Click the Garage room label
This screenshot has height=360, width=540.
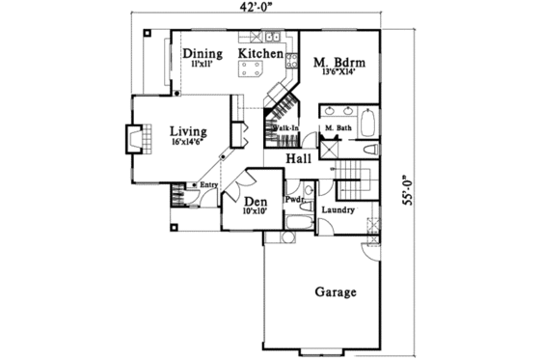[x=336, y=291]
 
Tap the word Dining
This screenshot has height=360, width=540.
[x=202, y=53]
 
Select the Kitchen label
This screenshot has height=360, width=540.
[x=260, y=53]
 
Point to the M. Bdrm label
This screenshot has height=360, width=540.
[x=338, y=64]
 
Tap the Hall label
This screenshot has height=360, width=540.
[x=298, y=156]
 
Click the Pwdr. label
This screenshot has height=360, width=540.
[x=293, y=200]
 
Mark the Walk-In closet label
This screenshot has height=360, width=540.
[x=284, y=127]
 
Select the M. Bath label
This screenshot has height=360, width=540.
[x=337, y=128]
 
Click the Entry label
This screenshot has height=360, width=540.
[x=208, y=185]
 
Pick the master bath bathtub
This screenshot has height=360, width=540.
[x=367, y=125]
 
